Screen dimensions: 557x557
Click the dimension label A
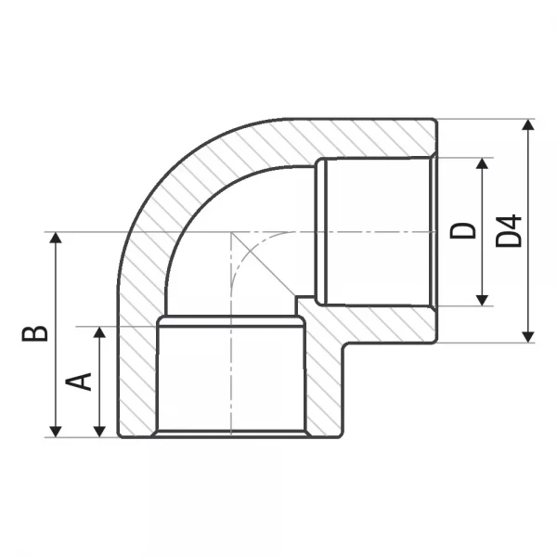point(82,381)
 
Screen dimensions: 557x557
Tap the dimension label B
point(34,332)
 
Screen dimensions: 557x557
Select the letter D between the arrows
point(462,230)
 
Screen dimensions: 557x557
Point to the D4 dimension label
point(509,230)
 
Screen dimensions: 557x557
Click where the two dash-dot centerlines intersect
point(230,231)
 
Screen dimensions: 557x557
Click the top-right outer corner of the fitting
point(435,120)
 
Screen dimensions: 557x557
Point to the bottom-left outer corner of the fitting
point(118,437)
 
